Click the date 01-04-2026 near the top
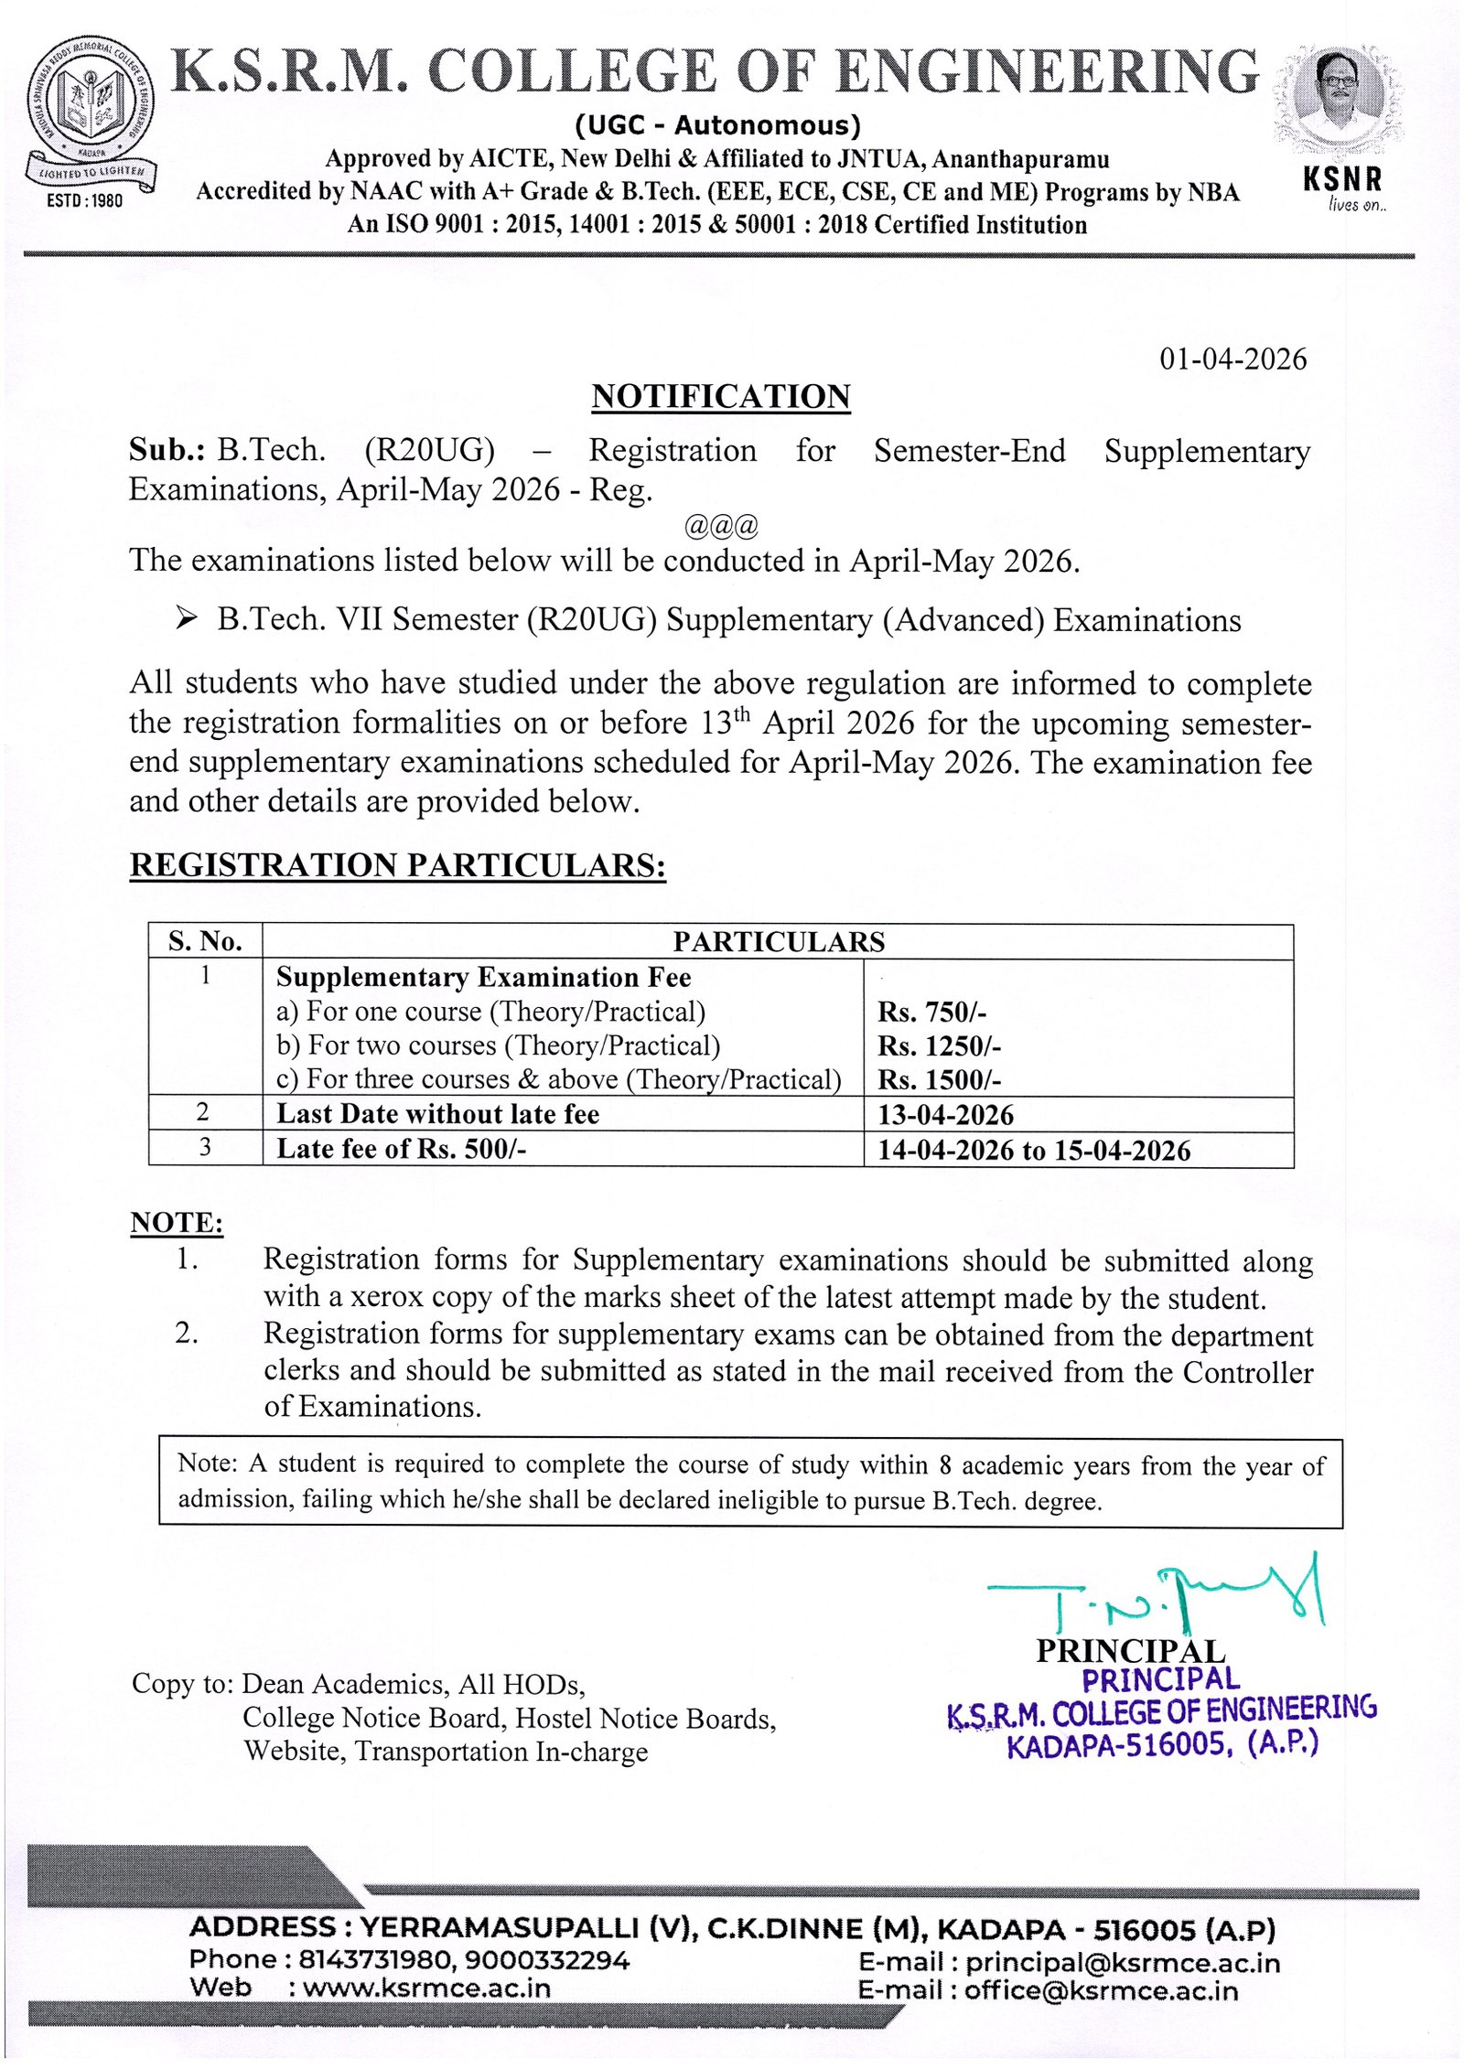point(1233,359)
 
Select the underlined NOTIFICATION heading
point(721,397)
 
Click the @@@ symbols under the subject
point(721,526)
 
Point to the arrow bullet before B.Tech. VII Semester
point(187,619)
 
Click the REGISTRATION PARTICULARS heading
point(398,865)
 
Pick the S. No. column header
point(205,941)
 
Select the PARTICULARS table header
point(779,941)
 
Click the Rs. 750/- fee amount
point(931,1012)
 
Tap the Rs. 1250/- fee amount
point(939,1045)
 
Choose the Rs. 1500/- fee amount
point(939,1079)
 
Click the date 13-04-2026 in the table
point(945,1114)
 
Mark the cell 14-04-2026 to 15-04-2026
point(1034,1150)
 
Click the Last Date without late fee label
point(437,1114)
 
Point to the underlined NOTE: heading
point(177,1223)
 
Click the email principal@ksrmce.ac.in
point(1122,1962)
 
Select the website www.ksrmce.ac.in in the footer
point(426,1988)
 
